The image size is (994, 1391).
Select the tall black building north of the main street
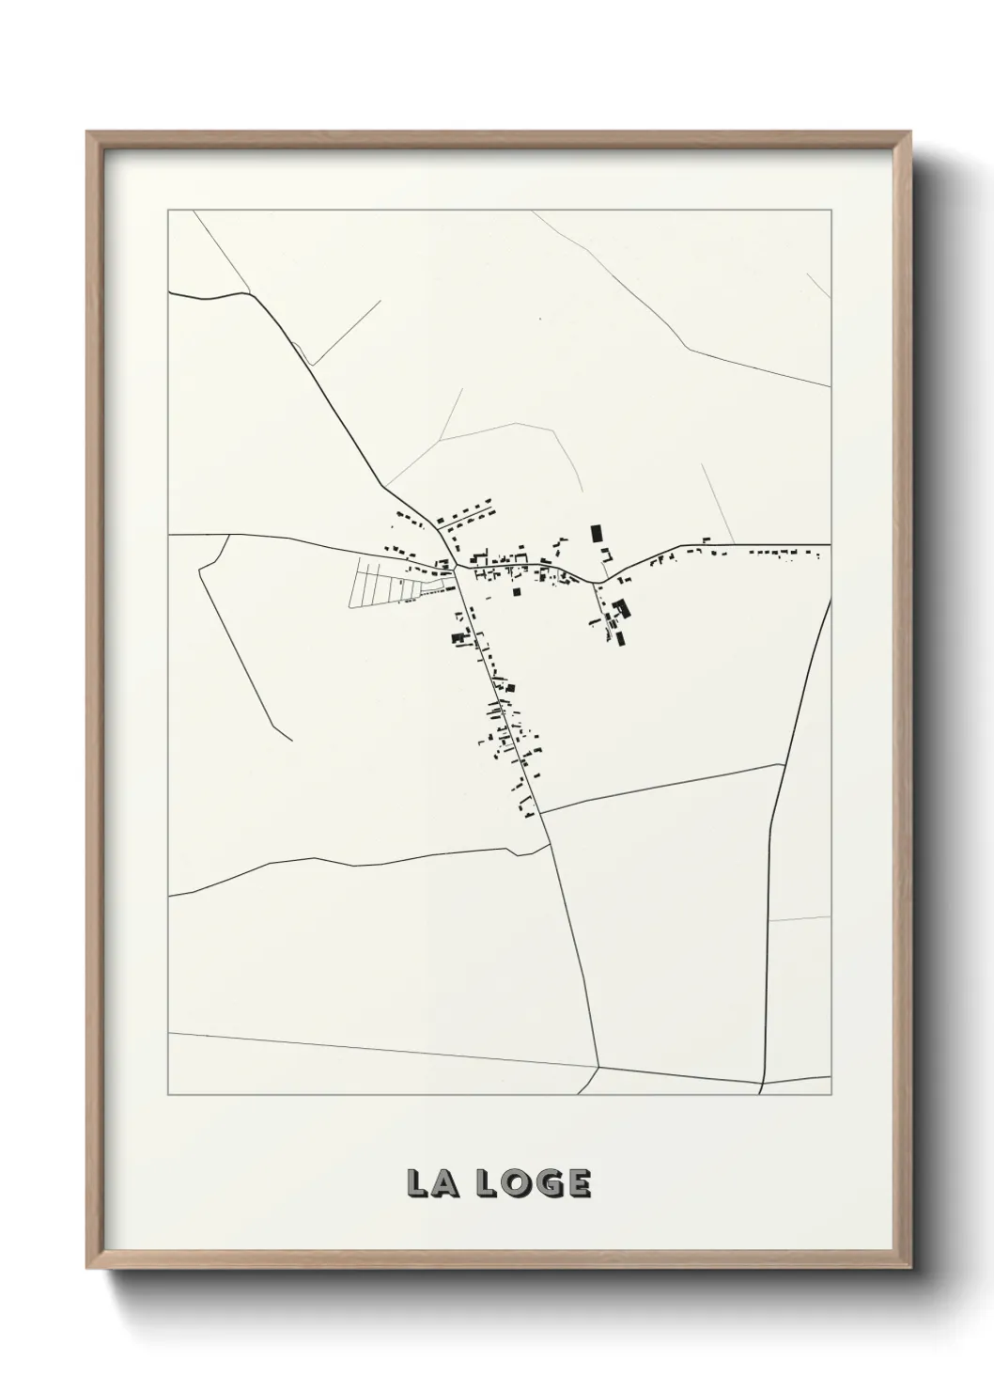tap(595, 534)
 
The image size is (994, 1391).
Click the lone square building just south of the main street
tap(516, 592)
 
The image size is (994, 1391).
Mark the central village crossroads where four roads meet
tap(456, 568)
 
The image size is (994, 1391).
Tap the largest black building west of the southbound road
tap(459, 638)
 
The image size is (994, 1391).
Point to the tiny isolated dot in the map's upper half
tap(540, 319)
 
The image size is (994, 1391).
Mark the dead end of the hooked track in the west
tap(291, 740)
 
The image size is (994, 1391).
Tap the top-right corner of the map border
tap(831, 211)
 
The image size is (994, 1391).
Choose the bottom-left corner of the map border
tap(168, 1095)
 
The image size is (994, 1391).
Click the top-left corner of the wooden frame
tap(88, 133)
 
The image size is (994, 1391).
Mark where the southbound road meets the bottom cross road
tap(599, 1067)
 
